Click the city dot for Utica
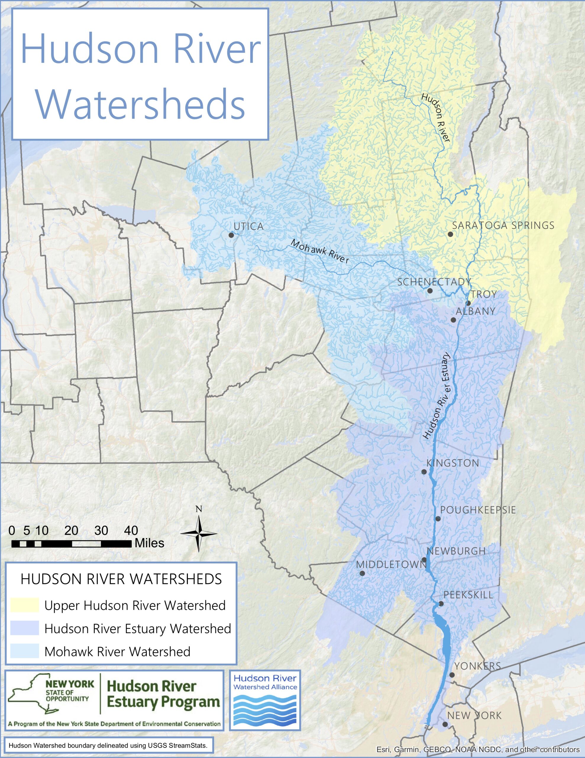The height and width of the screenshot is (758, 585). [x=231, y=235]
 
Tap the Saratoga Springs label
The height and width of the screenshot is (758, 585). [x=503, y=225]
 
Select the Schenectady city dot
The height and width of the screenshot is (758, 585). [x=430, y=290]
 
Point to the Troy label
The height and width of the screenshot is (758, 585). [x=484, y=294]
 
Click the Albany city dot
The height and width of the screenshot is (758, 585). [x=453, y=320]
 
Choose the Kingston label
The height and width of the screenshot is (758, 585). [x=453, y=463]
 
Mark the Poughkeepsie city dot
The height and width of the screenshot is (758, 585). [x=438, y=518]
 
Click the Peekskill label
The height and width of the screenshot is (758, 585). [x=468, y=595]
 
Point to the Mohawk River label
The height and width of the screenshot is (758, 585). [x=319, y=252]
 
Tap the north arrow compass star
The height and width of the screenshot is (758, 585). [x=199, y=534]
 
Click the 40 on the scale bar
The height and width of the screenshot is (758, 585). [x=131, y=530]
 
